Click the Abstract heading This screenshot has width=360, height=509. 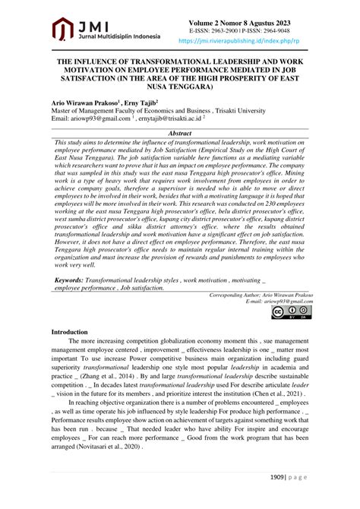point(179,132)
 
